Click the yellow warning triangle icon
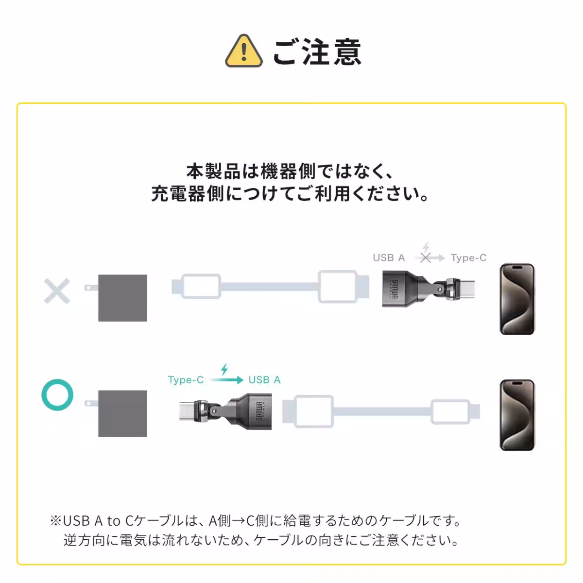tap(243, 51)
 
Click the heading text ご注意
tap(317, 52)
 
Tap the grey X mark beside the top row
tap(57, 291)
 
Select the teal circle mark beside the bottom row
tap(57, 394)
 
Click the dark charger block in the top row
tap(122, 298)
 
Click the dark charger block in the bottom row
tap(122, 413)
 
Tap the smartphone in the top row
tap(517, 299)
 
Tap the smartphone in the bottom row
tap(517, 415)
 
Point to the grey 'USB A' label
tap(389, 258)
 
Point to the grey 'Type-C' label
tap(468, 258)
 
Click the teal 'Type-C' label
tap(186, 380)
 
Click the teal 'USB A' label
tap(264, 380)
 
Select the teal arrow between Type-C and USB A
tap(226, 380)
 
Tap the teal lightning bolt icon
tap(224, 369)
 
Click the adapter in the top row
tap(428, 290)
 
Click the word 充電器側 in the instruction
tap(188, 194)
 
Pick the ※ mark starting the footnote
tap(55, 521)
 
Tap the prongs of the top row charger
tap(90, 288)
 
